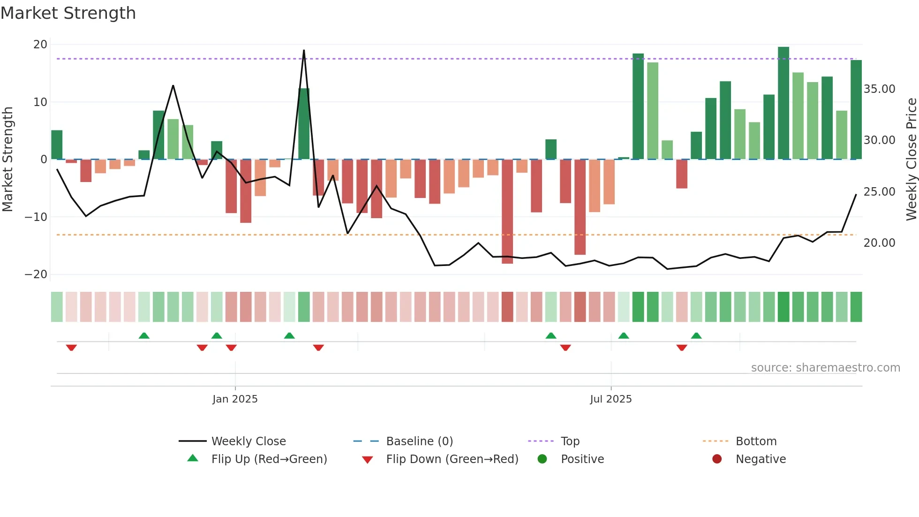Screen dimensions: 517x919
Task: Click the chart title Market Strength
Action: [x=68, y=13]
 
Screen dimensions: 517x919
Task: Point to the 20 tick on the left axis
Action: [x=40, y=45]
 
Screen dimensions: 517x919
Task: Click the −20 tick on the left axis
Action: [x=37, y=274]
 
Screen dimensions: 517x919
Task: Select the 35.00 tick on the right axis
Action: [x=879, y=89]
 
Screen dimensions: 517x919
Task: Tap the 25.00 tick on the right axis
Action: [x=879, y=192]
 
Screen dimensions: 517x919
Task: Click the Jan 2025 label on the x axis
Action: [x=235, y=399]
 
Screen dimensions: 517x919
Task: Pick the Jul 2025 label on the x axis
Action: [x=610, y=399]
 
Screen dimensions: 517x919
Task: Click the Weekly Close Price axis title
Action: [x=911, y=160]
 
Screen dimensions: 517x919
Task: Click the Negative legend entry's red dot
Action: [x=717, y=459]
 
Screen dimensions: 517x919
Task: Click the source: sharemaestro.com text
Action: [x=825, y=368]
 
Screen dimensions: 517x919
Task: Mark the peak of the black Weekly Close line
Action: [x=304, y=51]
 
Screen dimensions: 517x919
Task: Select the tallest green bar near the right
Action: [x=783, y=103]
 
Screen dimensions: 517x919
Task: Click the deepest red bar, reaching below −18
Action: [x=507, y=211]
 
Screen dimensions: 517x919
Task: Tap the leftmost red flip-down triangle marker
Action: [x=71, y=348]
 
